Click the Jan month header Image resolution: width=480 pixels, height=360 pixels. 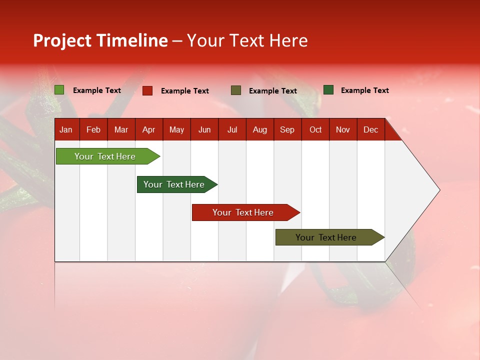(66, 129)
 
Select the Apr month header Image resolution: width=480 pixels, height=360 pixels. (149, 129)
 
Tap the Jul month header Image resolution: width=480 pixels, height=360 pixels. (232, 129)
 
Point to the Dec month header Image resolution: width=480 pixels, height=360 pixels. (370, 129)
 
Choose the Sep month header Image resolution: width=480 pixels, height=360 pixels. (287, 129)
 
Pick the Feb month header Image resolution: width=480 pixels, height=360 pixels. (93, 129)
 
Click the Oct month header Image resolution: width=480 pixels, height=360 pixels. (315, 129)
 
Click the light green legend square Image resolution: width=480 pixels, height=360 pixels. (59, 90)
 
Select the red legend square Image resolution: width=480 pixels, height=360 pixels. (147, 90)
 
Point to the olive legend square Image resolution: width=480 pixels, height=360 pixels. (236, 90)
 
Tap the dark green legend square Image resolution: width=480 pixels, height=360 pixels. (328, 90)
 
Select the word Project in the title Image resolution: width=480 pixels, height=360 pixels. (62, 40)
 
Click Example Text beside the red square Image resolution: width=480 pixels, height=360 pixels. (185, 91)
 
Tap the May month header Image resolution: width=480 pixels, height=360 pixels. (176, 129)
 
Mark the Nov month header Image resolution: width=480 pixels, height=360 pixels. (343, 129)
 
